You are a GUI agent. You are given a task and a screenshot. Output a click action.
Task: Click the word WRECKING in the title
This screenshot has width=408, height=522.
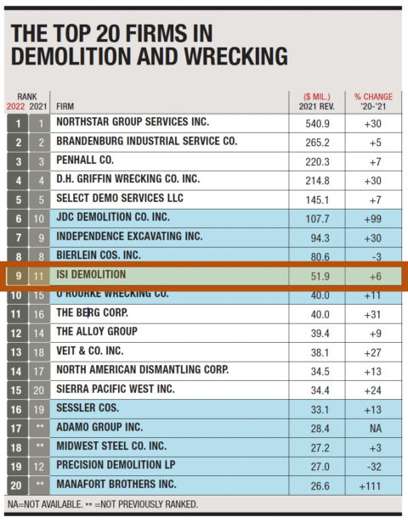tap(229, 58)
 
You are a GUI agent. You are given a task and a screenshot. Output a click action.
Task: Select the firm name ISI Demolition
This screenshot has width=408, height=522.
tap(90, 274)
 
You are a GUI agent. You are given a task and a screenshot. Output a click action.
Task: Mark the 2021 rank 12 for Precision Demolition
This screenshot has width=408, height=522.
tap(39, 465)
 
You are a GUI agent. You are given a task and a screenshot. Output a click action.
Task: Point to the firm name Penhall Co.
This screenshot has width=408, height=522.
tap(85, 160)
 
